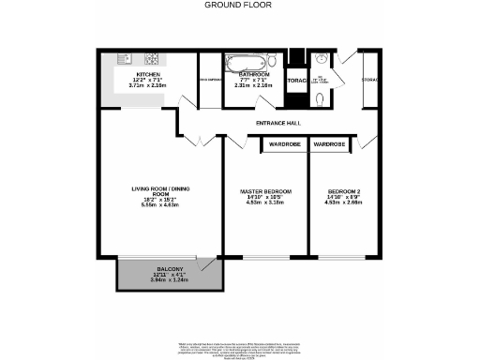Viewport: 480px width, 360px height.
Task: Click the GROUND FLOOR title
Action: point(239,5)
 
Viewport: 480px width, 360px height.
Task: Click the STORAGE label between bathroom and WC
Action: point(297,81)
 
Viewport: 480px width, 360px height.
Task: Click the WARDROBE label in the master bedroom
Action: point(284,144)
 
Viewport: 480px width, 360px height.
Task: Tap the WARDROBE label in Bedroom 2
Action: point(329,144)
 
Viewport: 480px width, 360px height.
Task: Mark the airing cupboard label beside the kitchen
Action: point(208,81)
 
